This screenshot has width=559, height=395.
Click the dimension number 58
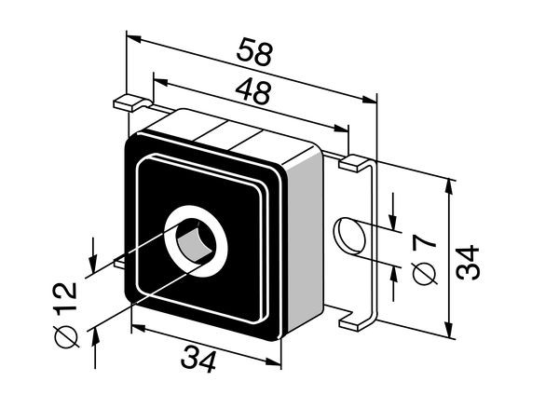(x=254, y=52)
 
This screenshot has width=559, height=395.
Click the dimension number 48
(x=252, y=91)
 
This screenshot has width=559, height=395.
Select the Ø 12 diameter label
(x=65, y=315)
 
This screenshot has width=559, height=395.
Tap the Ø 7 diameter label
(x=424, y=260)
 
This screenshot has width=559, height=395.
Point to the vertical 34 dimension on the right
(x=468, y=262)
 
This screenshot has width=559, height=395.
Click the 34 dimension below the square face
(x=198, y=360)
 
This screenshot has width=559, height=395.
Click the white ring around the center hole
(x=196, y=241)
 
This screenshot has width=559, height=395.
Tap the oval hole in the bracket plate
(x=349, y=236)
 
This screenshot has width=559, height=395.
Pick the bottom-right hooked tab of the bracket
(x=358, y=320)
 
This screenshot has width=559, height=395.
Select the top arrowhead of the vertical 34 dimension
(x=449, y=187)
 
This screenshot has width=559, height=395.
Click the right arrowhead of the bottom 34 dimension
(x=273, y=361)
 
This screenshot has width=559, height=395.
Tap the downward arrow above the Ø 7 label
(x=393, y=211)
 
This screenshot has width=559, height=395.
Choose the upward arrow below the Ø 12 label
(x=95, y=348)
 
